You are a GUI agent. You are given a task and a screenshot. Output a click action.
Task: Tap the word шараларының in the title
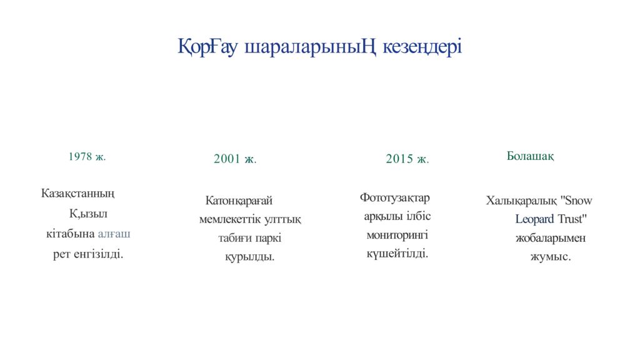pyautogui.click(x=309, y=46)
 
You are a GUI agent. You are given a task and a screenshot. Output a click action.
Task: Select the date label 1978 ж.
pyautogui.click(x=87, y=156)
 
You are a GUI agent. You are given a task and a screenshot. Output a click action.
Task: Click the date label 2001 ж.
pyautogui.click(x=235, y=159)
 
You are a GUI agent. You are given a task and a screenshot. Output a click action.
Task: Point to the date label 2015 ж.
pyautogui.click(x=407, y=159)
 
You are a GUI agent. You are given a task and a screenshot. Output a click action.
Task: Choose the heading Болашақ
pyautogui.click(x=530, y=156)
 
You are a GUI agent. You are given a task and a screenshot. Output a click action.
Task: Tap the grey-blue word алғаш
pyautogui.click(x=114, y=234)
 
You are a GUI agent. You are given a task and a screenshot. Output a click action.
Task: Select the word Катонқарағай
pyautogui.click(x=239, y=201)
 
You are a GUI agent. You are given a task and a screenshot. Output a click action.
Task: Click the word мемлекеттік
pyautogui.click(x=228, y=220)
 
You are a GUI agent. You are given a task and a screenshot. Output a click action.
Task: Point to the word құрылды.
pyautogui.click(x=249, y=257)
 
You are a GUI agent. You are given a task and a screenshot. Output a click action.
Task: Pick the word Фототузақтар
pyautogui.click(x=395, y=198)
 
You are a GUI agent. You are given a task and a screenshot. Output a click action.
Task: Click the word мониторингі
pyautogui.click(x=397, y=235)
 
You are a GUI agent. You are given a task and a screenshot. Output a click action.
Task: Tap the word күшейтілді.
pyautogui.click(x=397, y=253)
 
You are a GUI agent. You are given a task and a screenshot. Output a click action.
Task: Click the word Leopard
pyautogui.click(x=534, y=219)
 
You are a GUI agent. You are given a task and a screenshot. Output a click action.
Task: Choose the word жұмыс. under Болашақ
pyautogui.click(x=550, y=256)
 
